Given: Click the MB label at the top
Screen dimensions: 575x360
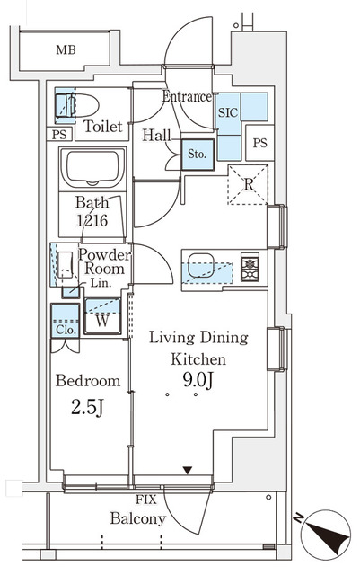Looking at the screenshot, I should (x=66, y=49).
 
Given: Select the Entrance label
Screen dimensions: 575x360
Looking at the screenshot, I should (x=187, y=97).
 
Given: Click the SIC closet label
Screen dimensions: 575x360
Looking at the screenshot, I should (x=226, y=114).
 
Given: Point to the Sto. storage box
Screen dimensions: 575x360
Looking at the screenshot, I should (x=197, y=154).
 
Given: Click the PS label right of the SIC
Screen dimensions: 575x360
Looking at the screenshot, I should (x=259, y=143).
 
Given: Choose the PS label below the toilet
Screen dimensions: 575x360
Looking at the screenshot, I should (x=59, y=135).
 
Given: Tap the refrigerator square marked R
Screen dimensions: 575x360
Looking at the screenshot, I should (x=248, y=186).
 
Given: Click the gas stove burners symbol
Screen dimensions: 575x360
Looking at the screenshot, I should (x=249, y=265).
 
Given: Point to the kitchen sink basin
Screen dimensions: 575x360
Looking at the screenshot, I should (x=200, y=267).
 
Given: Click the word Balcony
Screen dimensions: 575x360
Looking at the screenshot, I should (x=137, y=518).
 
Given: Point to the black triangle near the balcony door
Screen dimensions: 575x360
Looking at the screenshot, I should (x=187, y=470).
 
